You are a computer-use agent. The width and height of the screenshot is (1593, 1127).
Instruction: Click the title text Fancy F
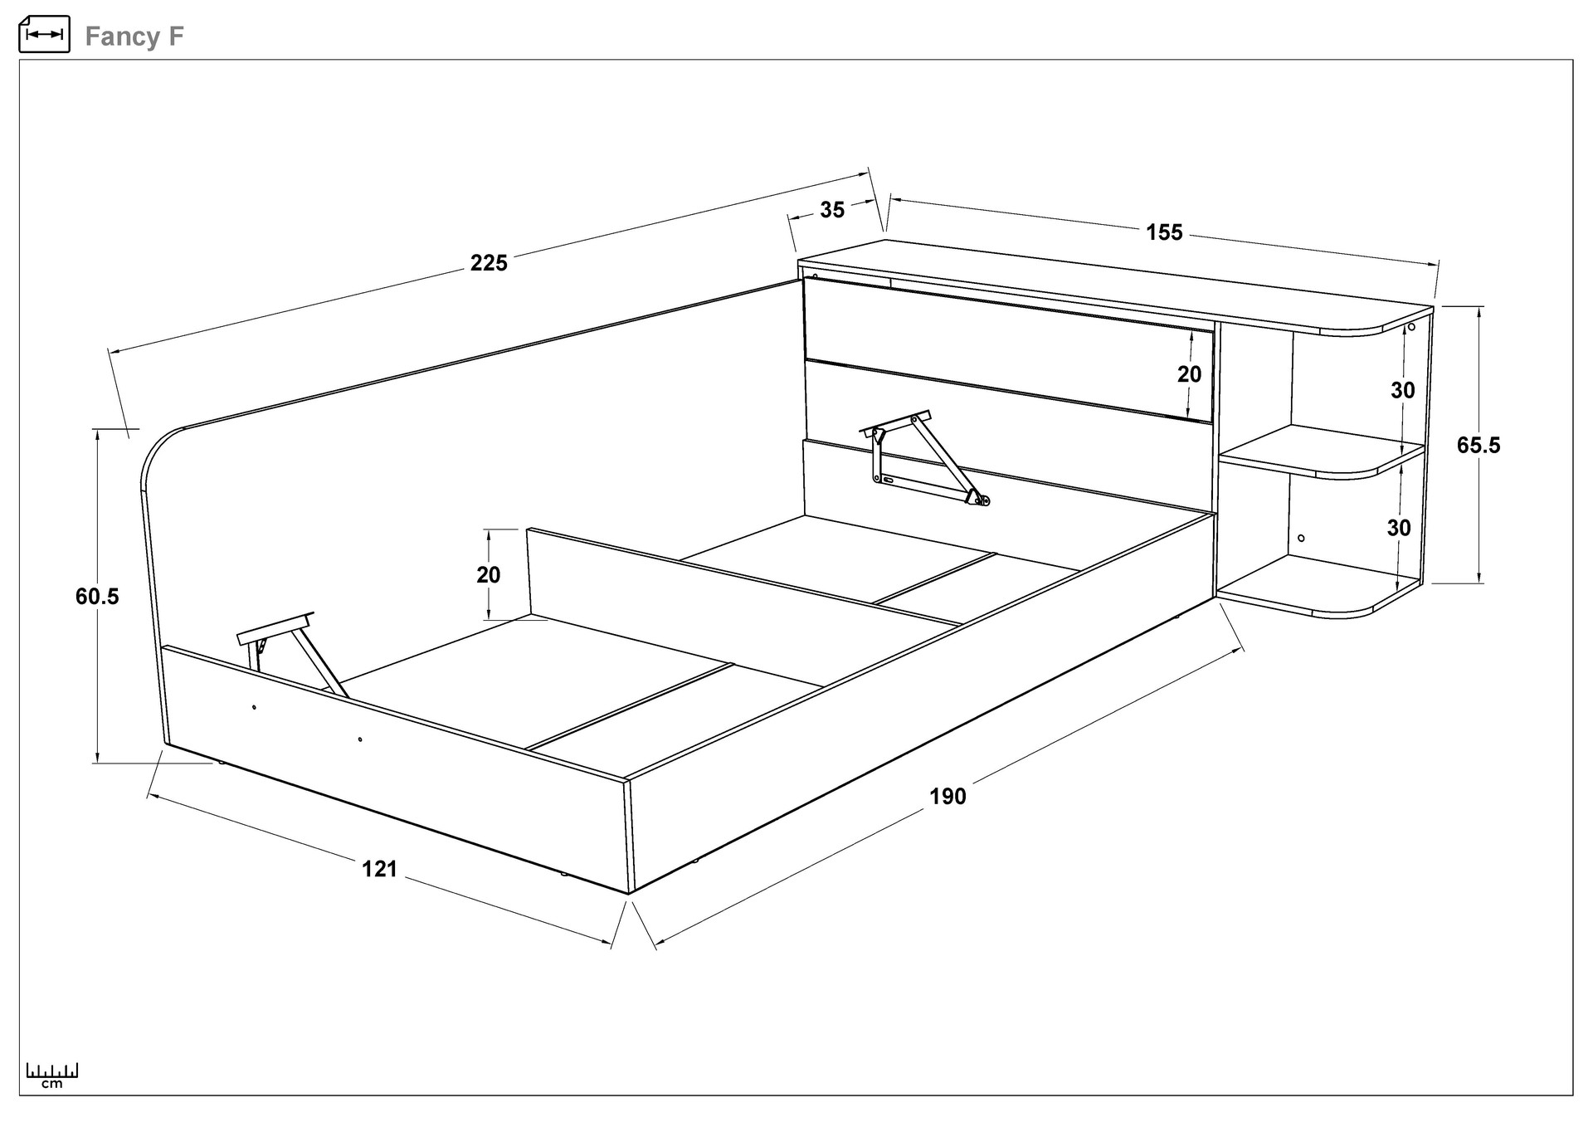(134, 37)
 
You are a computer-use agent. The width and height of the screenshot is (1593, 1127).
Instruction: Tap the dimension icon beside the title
(44, 34)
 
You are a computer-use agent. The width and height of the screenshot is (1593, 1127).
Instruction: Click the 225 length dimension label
(489, 263)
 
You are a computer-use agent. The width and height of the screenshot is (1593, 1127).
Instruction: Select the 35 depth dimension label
(832, 210)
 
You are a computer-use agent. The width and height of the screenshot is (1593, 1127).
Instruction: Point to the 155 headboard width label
(1164, 232)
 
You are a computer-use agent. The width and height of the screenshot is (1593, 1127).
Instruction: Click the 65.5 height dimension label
(1479, 446)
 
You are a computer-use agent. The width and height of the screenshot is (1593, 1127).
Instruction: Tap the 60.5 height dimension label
(97, 596)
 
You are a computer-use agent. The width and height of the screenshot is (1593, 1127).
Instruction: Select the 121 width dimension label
(379, 869)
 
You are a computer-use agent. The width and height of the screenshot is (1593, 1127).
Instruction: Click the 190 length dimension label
(948, 797)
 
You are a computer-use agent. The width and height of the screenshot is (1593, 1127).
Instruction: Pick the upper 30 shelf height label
(1403, 390)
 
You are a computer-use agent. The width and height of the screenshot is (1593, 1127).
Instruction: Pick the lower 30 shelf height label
(1399, 528)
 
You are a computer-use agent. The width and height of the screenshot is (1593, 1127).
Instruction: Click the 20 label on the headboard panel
(1189, 374)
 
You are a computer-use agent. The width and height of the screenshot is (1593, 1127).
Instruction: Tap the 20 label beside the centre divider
(488, 574)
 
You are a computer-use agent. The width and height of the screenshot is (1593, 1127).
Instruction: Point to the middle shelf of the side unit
(1319, 453)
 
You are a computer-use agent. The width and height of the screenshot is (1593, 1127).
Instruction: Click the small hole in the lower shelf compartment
(1301, 538)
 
